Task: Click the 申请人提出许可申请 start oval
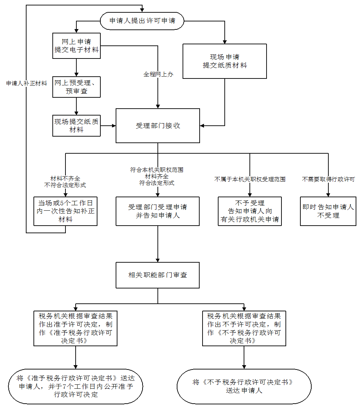click(x=142, y=21)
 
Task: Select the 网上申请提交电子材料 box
click(x=76, y=46)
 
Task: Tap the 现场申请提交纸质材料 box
click(x=225, y=61)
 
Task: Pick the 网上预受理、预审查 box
click(x=76, y=87)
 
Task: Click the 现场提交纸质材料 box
click(x=76, y=126)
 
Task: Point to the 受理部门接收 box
click(x=158, y=126)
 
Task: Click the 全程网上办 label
click(x=158, y=74)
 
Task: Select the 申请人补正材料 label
click(x=27, y=83)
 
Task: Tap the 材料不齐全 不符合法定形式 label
click(x=65, y=182)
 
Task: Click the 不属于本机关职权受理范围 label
click(x=250, y=179)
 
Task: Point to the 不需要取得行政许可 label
click(x=328, y=179)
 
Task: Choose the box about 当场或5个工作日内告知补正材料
click(x=65, y=211)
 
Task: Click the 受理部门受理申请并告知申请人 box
click(x=158, y=211)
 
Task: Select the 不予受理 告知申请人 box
click(x=250, y=211)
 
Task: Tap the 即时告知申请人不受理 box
click(x=328, y=211)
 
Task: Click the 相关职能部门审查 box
click(x=158, y=275)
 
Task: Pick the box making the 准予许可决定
click(x=76, y=328)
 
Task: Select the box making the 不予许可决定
click(x=244, y=328)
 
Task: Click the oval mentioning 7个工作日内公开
click(x=76, y=386)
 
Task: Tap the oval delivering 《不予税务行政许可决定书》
click(x=244, y=386)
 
